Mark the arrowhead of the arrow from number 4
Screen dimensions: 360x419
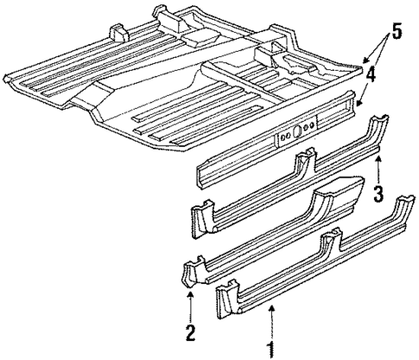[358, 105]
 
